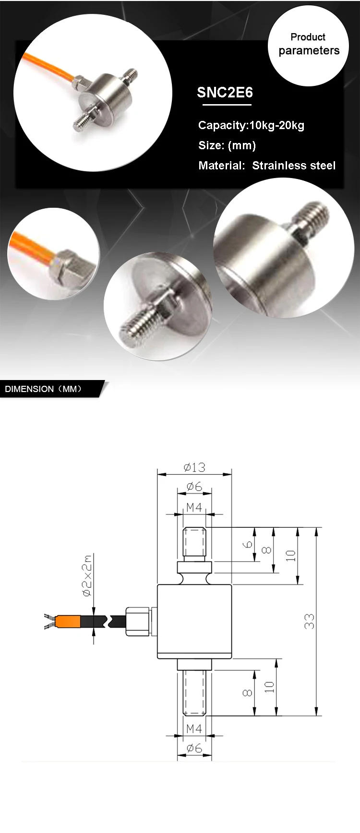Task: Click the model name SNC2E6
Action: pos(225,93)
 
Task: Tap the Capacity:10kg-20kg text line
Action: pos(251,125)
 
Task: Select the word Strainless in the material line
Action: pos(279,166)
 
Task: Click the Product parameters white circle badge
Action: pos(308,45)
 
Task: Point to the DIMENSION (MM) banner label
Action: pos(43,389)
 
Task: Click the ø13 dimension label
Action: pos(194,467)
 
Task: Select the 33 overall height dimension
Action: pos(310,621)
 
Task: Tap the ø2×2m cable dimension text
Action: pos(87,576)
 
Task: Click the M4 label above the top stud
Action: pos(194,507)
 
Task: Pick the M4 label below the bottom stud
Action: pos(194,728)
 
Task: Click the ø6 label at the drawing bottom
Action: pos(194,748)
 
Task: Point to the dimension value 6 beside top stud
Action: pos(248,544)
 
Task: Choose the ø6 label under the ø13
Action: pos(194,487)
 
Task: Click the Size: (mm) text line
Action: pos(227,145)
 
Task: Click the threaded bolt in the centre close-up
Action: pos(144,321)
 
